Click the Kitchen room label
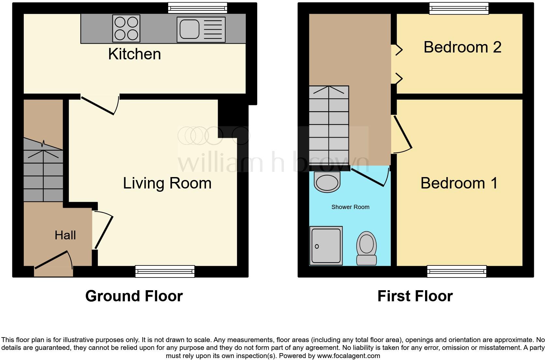[134, 54]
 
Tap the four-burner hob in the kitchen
[126, 28]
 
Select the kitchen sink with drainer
[201, 30]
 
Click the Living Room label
[167, 183]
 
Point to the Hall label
[65, 235]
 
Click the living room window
[165, 271]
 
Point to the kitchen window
[198, 8]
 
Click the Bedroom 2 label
[462, 47]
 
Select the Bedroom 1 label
[459, 183]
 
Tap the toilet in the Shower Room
[367, 248]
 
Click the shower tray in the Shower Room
[326, 246]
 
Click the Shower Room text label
[350, 207]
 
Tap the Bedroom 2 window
[459, 8]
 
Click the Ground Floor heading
[134, 296]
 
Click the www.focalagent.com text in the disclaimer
[348, 356]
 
